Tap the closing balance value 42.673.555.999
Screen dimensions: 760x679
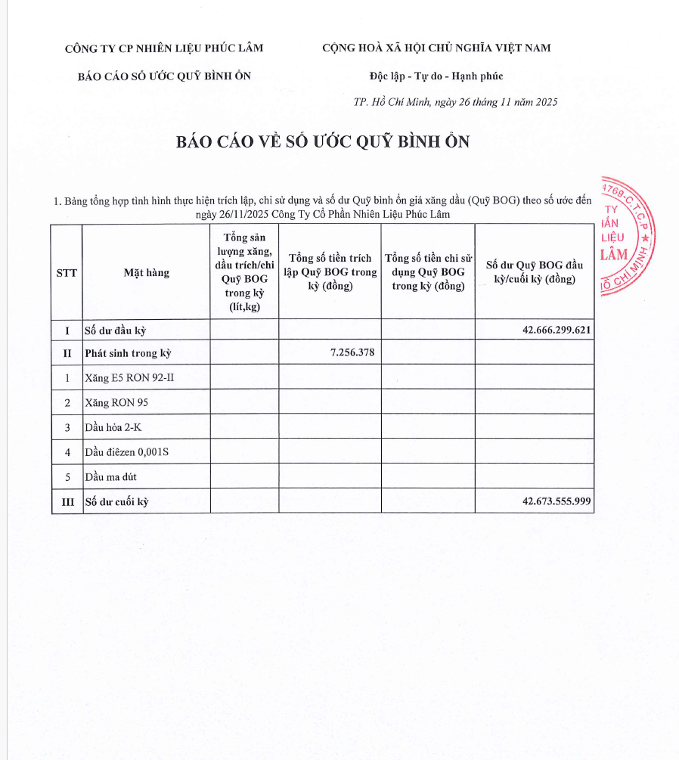tap(556, 501)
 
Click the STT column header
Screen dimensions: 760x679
tap(67, 273)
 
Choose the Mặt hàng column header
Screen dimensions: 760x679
tap(147, 273)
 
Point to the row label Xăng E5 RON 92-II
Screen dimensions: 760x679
tap(130, 377)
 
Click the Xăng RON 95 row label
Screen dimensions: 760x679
tap(116, 402)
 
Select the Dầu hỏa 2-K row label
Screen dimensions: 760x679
tap(113, 428)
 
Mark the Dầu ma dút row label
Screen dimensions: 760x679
tap(111, 477)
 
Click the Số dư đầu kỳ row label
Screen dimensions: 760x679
tap(115, 331)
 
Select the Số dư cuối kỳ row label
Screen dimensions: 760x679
tap(117, 501)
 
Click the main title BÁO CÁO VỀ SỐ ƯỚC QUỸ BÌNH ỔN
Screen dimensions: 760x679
tap(323, 142)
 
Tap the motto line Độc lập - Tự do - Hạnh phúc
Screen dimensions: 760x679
tap(436, 76)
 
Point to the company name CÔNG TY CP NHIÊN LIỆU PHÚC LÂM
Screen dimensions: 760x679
tap(164, 48)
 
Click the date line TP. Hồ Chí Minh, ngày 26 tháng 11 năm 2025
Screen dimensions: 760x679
tap(455, 102)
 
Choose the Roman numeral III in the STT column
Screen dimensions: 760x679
tap(67, 501)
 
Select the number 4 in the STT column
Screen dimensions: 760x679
tap(67, 452)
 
